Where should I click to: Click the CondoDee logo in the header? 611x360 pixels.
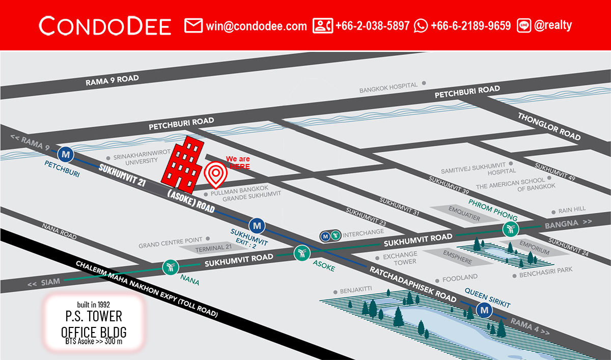(x=105, y=25)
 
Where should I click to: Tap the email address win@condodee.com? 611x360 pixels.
(x=257, y=25)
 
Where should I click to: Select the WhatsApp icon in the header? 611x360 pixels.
(x=421, y=25)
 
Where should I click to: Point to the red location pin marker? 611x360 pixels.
(x=216, y=175)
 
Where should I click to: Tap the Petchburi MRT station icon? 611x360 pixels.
(x=65, y=153)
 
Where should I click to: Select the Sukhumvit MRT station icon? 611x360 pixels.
(x=257, y=225)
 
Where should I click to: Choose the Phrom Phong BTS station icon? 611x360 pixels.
(x=510, y=229)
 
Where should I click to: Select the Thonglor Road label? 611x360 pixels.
(x=549, y=126)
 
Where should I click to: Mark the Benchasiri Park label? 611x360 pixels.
(x=545, y=275)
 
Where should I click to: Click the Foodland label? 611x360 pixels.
(x=460, y=278)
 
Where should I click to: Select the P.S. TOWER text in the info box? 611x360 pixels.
(x=94, y=317)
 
